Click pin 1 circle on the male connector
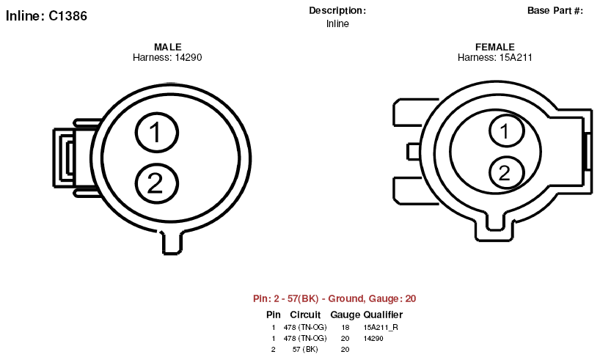157,133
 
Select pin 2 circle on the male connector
157,183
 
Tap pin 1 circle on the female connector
507,131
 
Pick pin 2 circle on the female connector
507,172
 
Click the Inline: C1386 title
46,15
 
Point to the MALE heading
167,47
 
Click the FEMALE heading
495,47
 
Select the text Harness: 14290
167,57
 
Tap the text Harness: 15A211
495,57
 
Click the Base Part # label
555,11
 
